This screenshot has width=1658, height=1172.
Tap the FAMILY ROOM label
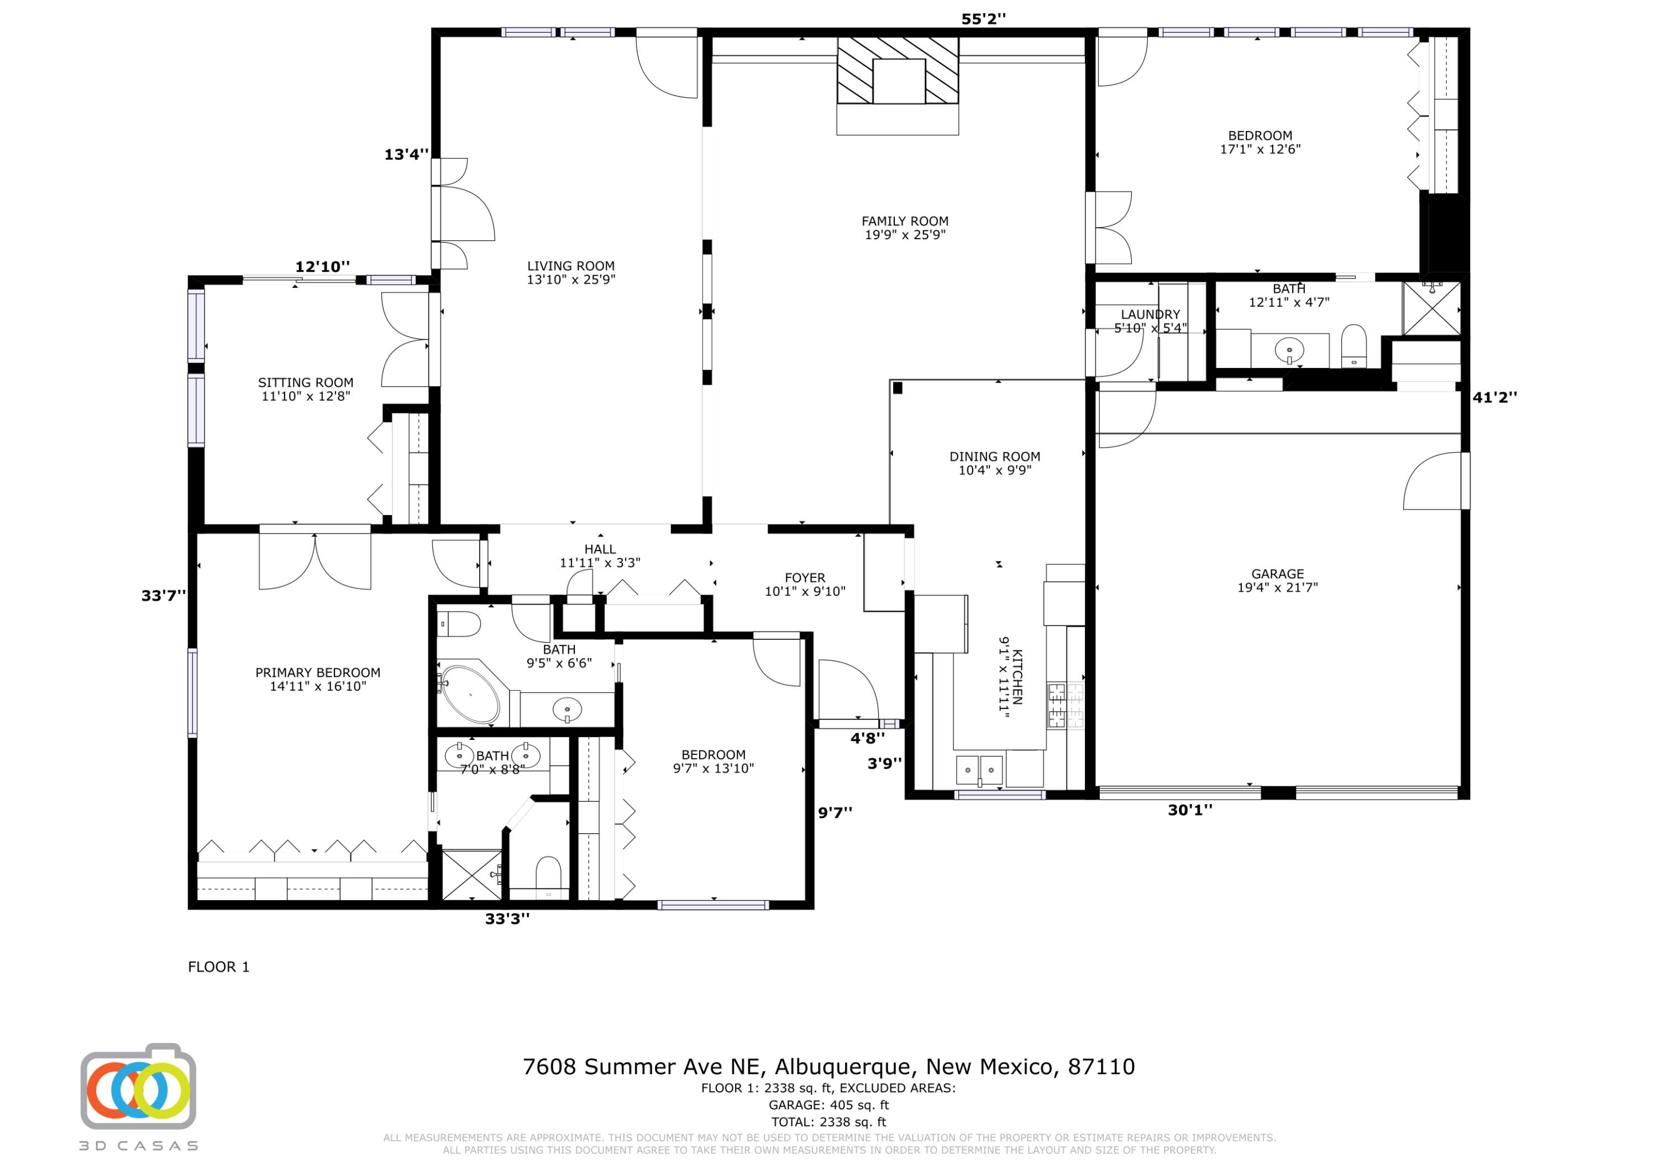(x=905, y=221)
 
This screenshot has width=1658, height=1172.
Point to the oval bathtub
(x=470, y=695)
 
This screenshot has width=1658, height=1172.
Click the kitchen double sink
(x=979, y=770)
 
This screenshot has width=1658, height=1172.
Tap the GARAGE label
(x=1277, y=574)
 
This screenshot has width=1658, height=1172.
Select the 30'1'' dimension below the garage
(x=1190, y=810)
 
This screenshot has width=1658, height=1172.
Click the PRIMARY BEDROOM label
(x=318, y=672)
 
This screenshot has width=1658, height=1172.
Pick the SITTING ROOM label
(x=306, y=383)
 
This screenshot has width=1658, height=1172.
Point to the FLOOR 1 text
(x=219, y=967)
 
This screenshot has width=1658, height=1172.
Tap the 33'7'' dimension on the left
(x=163, y=596)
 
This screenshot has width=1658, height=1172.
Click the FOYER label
(x=805, y=577)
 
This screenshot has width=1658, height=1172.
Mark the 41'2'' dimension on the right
(x=1495, y=397)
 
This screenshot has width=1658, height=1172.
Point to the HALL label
(x=600, y=550)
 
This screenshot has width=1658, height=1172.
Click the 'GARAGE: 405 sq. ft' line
(x=828, y=1105)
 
